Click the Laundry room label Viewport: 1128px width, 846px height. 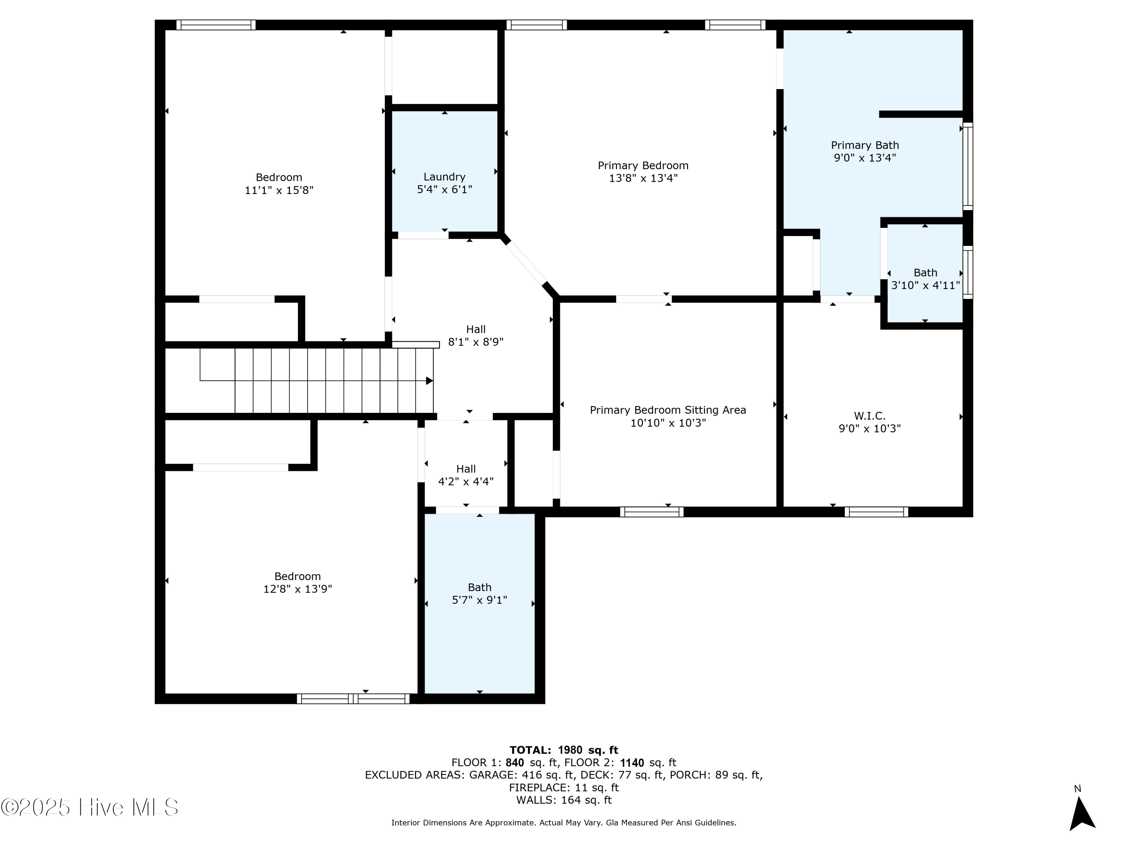coord(444,177)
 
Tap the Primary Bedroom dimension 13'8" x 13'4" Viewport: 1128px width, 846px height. coord(643,178)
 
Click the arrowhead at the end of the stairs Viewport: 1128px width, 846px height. coord(429,381)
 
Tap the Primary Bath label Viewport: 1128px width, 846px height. coord(865,146)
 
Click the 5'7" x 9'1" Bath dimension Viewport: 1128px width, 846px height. coord(479,600)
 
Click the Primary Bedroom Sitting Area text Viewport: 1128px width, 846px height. coord(667,410)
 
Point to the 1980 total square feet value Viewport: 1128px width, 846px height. coord(570,750)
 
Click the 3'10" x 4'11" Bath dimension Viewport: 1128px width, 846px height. coord(925,285)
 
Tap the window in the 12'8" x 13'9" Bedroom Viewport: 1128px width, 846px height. coord(353,699)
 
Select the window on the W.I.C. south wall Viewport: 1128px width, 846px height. coord(876,511)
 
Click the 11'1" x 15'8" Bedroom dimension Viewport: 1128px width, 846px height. coord(279,190)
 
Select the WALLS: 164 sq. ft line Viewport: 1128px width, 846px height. coord(564,800)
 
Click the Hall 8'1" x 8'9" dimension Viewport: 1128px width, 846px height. coord(475,342)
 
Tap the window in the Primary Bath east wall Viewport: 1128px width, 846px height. coord(967,166)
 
